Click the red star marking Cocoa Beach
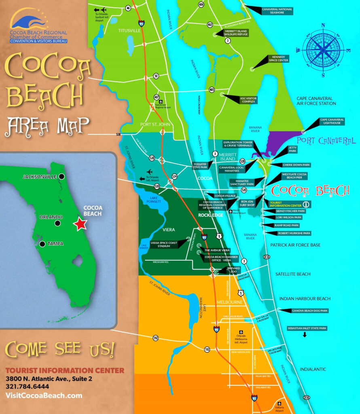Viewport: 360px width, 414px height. point(80,224)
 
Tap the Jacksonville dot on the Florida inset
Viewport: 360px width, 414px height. point(61,177)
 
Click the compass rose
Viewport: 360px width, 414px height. point(323,49)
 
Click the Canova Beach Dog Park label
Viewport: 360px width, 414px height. point(309,311)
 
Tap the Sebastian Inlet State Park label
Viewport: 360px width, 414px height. point(307,328)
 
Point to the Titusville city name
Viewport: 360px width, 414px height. point(129,31)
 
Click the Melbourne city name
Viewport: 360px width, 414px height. point(229,302)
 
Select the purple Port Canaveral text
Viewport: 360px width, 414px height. point(326,141)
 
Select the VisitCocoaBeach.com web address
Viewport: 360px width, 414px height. point(44,395)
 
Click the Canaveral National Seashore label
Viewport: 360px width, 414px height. point(277,11)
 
